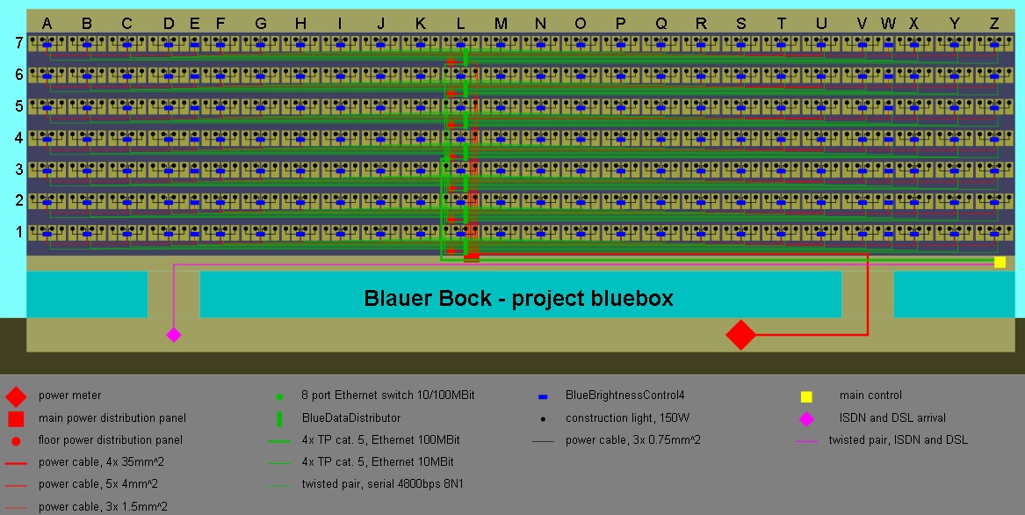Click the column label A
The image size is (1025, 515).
pyautogui.click(x=47, y=24)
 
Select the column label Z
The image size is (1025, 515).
pyautogui.click(x=993, y=24)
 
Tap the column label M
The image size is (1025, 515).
pyautogui.click(x=501, y=24)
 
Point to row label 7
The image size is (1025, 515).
pyautogui.click(x=19, y=43)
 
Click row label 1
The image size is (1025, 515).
pyautogui.click(x=19, y=232)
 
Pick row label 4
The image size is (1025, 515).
pyautogui.click(x=19, y=138)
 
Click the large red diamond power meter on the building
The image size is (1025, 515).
pyautogui.click(x=740, y=334)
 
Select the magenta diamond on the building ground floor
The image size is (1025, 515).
pyautogui.click(x=174, y=334)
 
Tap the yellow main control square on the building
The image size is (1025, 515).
pyautogui.click(x=1000, y=262)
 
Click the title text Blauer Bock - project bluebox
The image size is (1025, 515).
pyautogui.click(x=518, y=298)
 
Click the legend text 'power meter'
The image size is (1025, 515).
pyautogui.click(x=69, y=395)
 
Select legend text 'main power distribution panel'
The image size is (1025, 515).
pyautogui.click(x=112, y=417)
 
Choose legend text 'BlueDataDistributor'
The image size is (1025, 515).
pyautogui.click(x=350, y=417)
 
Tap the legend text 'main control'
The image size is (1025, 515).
pyautogui.click(x=870, y=395)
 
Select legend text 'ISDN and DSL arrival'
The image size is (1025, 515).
pyautogui.click(x=892, y=417)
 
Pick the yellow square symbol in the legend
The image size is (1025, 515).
pyautogui.click(x=806, y=395)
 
